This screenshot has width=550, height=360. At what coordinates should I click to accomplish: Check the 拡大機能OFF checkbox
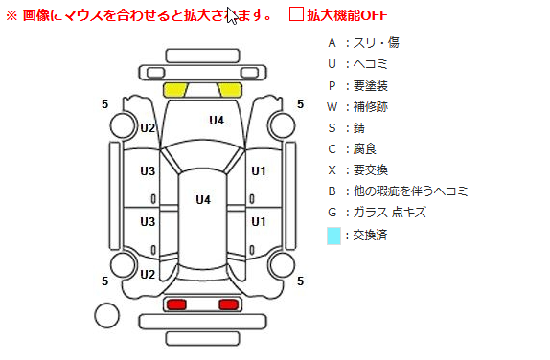tap(296, 14)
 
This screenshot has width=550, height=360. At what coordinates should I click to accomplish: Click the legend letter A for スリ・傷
tap(332, 43)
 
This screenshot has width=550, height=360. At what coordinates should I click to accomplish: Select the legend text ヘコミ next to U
tap(370, 64)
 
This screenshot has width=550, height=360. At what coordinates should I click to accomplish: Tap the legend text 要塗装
tap(370, 85)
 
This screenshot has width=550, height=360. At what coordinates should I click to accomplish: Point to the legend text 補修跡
tap(370, 106)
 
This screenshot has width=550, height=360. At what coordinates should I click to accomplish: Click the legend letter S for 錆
tap(332, 128)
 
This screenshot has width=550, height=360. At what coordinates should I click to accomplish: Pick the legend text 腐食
tap(364, 149)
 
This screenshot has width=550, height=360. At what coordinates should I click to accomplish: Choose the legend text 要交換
tap(370, 170)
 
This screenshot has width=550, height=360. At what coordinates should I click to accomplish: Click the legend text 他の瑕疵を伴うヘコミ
tap(410, 191)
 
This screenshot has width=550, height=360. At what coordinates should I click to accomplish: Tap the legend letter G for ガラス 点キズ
tap(332, 213)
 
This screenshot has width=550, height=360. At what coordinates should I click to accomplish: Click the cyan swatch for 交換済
tap(333, 236)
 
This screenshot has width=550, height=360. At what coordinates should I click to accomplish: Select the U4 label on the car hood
tap(217, 121)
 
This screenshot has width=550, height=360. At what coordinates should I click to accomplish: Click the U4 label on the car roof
tap(203, 200)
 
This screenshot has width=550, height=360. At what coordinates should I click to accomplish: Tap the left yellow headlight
tap(175, 90)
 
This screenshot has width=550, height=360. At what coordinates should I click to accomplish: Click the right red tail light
tap(229, 304)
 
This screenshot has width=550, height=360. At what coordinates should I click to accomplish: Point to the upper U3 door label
tap(148, 171)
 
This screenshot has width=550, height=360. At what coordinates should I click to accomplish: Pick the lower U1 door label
tap(259, 222)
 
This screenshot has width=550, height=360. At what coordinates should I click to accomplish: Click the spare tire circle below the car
tap(106, 316)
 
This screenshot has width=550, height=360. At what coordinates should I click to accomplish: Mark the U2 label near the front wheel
tap(148, 128)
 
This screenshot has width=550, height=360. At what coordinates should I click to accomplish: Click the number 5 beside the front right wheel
tap(300, 104)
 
